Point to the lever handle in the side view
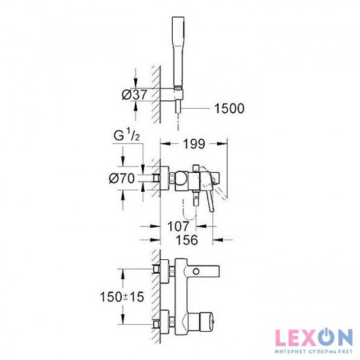(x=211, y=196)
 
